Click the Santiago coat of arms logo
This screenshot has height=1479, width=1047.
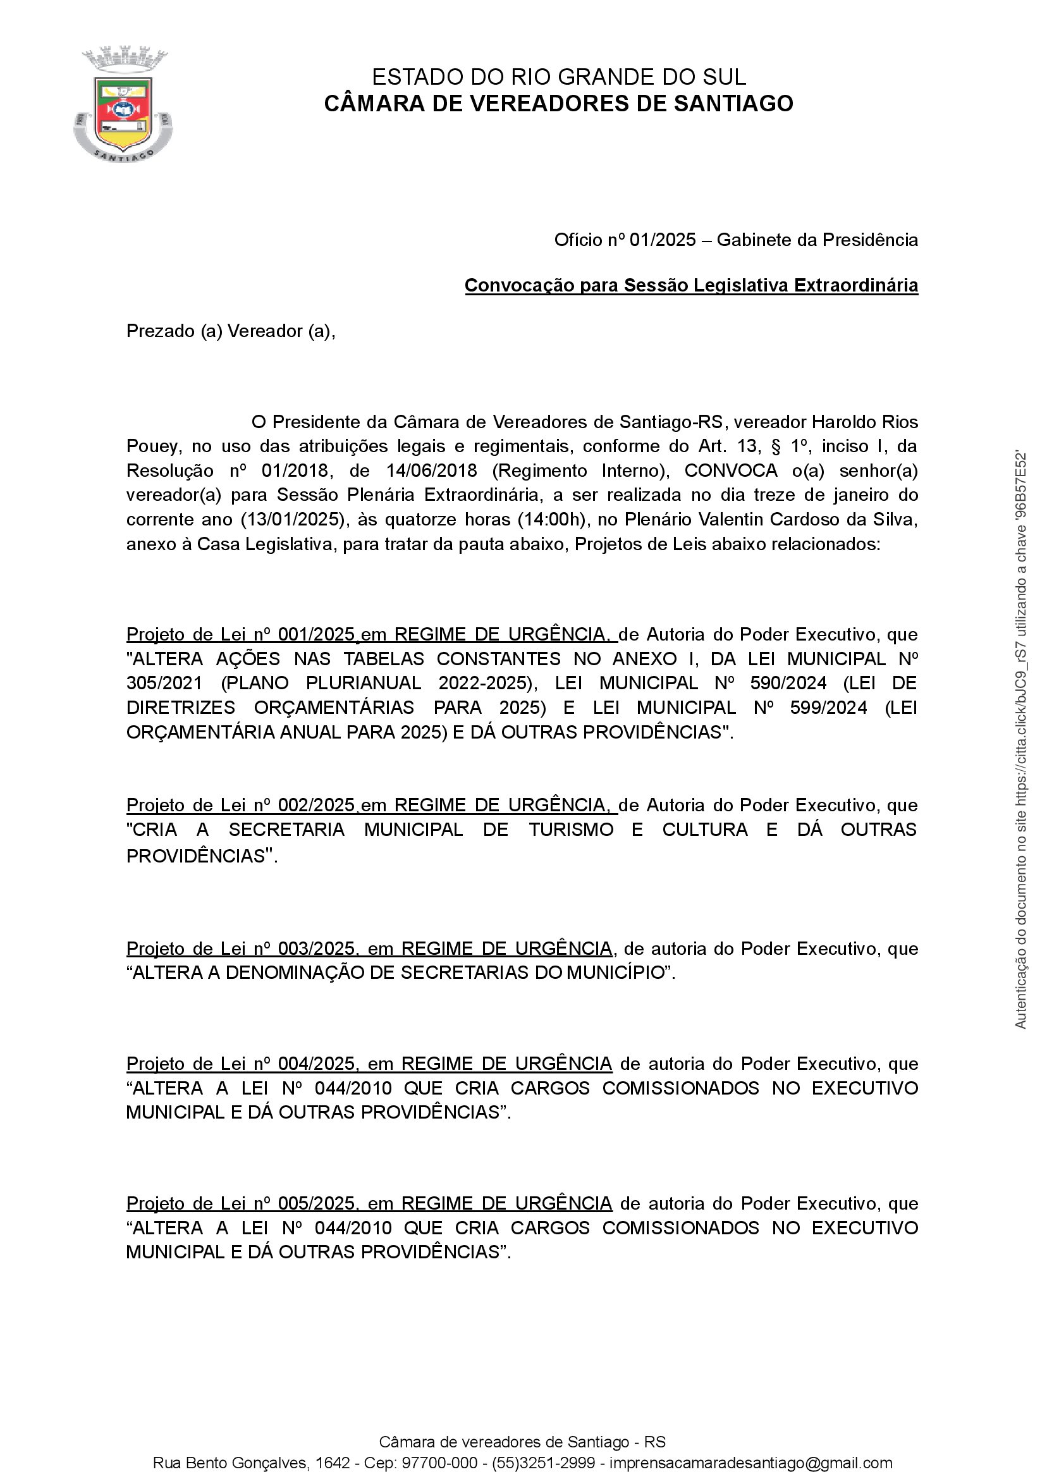pos(123,104)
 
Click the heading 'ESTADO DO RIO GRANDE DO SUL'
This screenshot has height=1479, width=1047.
pos(558,77)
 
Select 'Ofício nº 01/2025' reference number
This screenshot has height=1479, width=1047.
pos(625,240)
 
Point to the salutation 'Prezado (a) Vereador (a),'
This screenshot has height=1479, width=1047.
pos(231,331)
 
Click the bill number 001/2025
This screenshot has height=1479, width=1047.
pos(316,634)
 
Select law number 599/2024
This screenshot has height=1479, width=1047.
pos(828,708)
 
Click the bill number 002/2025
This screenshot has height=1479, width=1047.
pos(316,806)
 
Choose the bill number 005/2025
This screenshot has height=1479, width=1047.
pos(316,1203)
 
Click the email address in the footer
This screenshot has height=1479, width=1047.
pos(751,1463)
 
